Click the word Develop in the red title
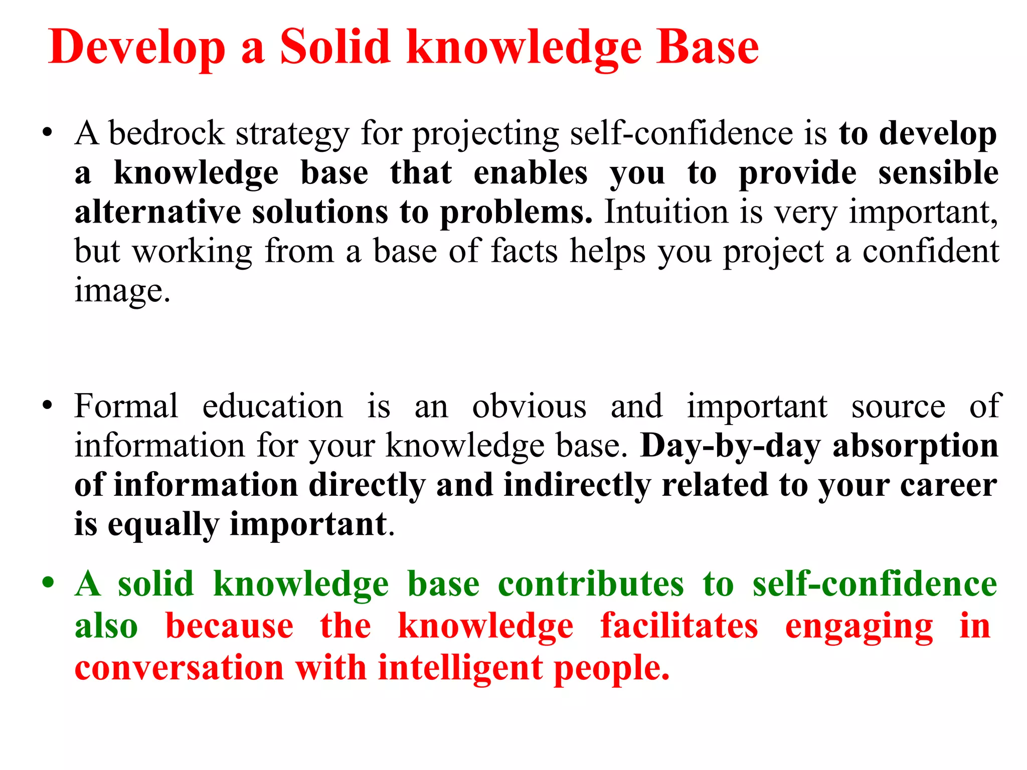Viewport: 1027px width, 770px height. (x=137, y=47)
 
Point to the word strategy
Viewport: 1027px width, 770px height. (x=292, y=134)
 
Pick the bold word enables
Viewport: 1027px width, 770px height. (x=531, y=173)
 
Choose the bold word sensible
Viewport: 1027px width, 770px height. (x=938, y=173)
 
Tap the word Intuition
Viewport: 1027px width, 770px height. (x=666, y=212)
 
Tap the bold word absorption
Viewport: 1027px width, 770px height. (x=916, y=446)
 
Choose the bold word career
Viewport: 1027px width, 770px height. (x=948, y=485)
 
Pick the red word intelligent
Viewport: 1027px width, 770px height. (x=460, y=668)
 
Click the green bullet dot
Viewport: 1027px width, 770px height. (x=48, y=583)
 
